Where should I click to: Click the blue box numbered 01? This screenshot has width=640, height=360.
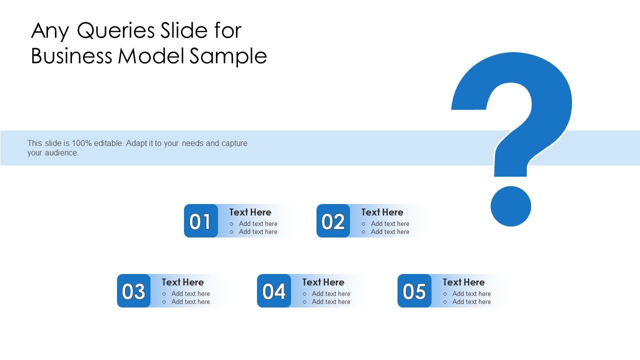(201, 221)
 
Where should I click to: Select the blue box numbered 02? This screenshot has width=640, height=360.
(333, 221)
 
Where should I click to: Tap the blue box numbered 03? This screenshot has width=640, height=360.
(133, 291)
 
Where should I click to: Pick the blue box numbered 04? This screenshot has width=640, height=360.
(274, 291)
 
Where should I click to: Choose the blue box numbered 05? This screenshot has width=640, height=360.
(414, 291)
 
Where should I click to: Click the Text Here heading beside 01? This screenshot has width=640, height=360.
(250, 212)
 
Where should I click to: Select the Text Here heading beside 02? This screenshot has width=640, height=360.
(382, 212)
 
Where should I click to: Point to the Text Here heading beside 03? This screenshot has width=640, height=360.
(182, 282)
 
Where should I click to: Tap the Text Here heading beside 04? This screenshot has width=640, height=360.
(323, 282)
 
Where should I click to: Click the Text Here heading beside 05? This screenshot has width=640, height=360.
(463, 282)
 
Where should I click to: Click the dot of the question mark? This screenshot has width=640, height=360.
(510, 206)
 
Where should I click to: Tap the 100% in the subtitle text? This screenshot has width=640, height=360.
(82, 143)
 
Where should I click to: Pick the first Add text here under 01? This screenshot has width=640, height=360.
(258, 224)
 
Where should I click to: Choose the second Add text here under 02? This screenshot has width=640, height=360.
(390, 232)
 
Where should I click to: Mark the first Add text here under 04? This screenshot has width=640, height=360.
(331, 294)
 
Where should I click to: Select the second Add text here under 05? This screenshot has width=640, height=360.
(471, 302)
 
